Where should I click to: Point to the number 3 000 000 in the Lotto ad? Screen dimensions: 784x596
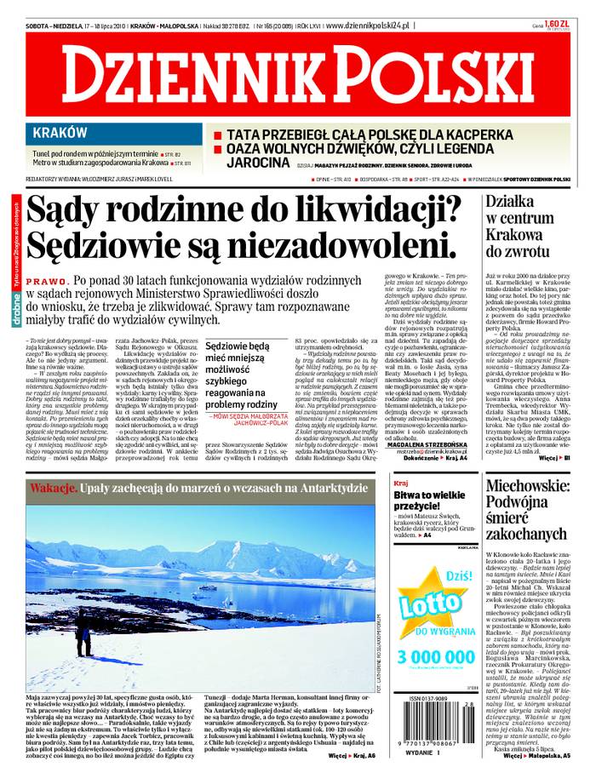[x=434, y=658]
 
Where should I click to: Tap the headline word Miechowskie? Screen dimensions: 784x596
[x=533, y=489]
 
